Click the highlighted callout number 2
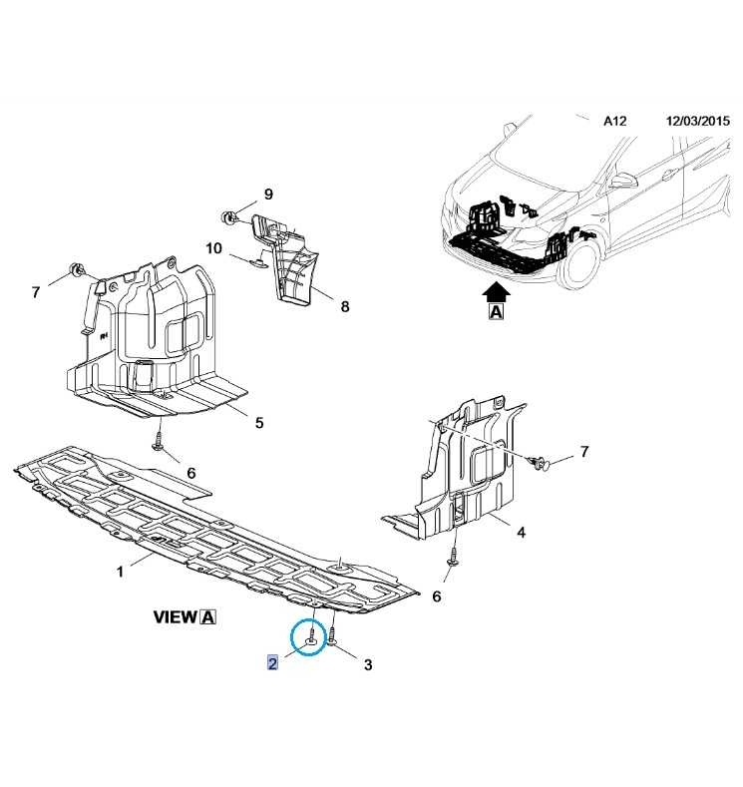[272, 663]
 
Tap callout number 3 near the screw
[368, 664]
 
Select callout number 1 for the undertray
[120, 572]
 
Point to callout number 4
[522, 532]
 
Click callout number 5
[259, 423]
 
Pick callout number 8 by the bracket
[345, 306]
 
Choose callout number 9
[268, 194]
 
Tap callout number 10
[213, 248]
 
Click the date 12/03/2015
[698, 121]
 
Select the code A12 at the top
[614, 121]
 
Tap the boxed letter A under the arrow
[496, 311]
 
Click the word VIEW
[176, 616]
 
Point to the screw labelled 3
[333, 635]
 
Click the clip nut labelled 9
[228, 217]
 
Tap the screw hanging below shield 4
[454, 559]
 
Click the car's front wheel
[581, 263]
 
